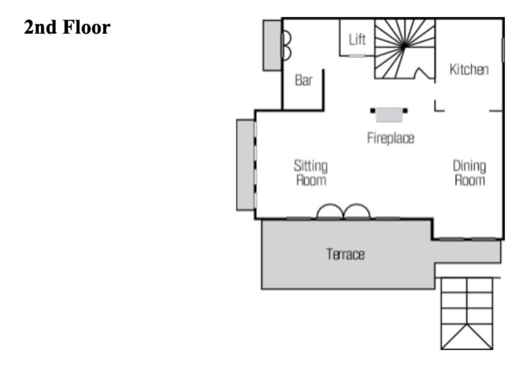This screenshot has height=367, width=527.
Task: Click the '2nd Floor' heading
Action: [67, 27]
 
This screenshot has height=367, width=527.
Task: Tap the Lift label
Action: [357, 39]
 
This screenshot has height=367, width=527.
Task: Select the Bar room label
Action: [304, 80]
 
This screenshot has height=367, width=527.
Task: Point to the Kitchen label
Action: [469, 69]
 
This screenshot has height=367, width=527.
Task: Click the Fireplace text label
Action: [391, 138]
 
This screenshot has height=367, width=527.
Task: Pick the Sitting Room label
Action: [311, 173]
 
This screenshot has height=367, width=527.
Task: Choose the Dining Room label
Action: [469, 173]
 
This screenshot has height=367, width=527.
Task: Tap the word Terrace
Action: [345, 254]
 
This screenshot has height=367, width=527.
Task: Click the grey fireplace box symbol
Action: [389, 115]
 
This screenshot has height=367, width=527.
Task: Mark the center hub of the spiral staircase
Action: [403, 47]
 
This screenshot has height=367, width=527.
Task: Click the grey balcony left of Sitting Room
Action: [245, 165]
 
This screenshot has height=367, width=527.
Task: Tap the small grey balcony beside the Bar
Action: [272, 45]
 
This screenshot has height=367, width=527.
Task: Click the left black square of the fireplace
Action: [373, 111]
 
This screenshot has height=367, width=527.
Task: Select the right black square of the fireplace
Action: [406, 111]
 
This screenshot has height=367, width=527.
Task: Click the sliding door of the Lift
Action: [357, 56]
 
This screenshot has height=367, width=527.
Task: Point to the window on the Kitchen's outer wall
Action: [503, 50]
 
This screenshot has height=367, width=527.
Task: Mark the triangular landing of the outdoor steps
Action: [467, 337]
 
